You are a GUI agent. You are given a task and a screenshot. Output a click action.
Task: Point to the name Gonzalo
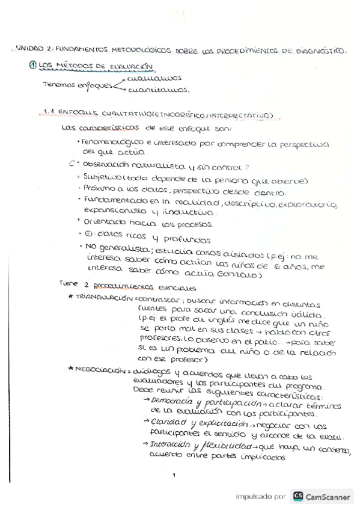[x=237, y=275]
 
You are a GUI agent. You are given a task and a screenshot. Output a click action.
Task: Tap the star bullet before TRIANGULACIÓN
[x=71, y=297]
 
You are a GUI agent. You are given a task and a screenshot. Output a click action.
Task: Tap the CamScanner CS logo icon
[x=298, y=496]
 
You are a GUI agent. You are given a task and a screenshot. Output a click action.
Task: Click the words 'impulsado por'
[x=261, y=497]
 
